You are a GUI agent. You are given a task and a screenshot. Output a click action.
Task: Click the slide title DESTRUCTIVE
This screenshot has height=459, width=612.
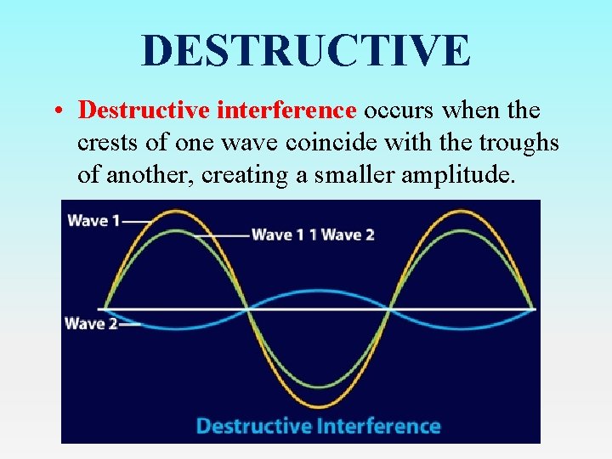[x=306, y=50]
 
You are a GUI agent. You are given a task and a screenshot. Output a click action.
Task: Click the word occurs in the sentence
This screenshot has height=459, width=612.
[x=397, y=110]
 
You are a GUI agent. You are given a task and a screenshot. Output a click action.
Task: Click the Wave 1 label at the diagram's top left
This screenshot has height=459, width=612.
[x=88, y=220]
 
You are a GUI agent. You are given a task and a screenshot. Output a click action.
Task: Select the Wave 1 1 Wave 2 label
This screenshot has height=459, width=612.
[x=313, y=235]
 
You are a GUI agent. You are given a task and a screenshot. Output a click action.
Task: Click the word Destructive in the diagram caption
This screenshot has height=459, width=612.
[x=252, y=425]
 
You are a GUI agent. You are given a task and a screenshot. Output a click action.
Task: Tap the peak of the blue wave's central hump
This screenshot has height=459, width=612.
[x=317, y=292]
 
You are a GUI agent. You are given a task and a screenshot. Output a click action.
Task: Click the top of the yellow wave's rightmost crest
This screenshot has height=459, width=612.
[x=462, y=208]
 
